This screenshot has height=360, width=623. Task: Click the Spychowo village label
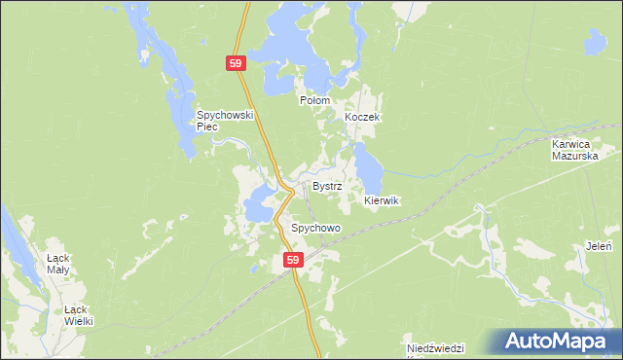[x=315, y=228]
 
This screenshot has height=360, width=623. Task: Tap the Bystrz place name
[x=326, y=185]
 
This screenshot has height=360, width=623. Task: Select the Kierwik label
[x=382, y=200]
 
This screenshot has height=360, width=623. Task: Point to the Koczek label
[x=361, y=117]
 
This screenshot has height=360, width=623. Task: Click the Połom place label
[x=314, y=100]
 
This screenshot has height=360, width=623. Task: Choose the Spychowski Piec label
[x=225, y=120]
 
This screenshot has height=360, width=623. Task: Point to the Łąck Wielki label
[x=77, y=313]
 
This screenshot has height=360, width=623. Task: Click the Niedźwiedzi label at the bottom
[x=437, y=348]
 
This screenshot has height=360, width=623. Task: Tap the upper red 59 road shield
[x=237, y=63]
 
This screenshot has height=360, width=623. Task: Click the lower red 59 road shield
[x=294, y=260]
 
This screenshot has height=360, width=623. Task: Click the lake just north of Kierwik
[x=369, y=165]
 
